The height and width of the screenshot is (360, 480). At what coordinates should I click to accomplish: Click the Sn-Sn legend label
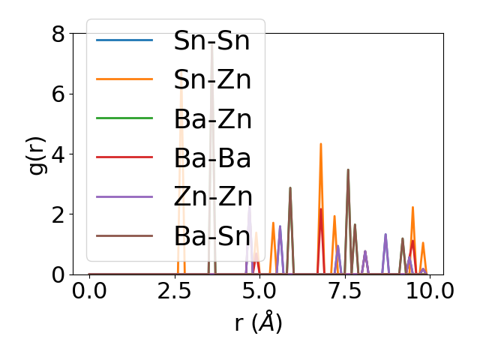(x=211, y=40)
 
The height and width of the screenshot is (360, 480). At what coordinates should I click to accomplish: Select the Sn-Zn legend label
(x=211, y=79)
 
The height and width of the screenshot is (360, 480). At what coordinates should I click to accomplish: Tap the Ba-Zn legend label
(x=211, y=118)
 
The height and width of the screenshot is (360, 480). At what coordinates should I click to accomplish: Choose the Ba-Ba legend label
(x=211, y=157)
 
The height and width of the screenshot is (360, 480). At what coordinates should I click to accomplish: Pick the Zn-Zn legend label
(x=211, y=196)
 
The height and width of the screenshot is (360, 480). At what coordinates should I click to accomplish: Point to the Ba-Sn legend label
(x=211, y=235)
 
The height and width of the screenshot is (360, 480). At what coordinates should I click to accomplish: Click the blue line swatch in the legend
(x=124, y=40)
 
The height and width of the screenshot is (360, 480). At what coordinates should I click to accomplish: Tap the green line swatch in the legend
(x=124, y=118)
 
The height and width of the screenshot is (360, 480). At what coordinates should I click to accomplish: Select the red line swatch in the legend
(x=124, y=157)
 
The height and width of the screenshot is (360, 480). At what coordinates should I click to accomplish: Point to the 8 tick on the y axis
(x=58, y=34)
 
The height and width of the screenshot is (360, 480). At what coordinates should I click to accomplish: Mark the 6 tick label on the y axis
(x=58, y=94)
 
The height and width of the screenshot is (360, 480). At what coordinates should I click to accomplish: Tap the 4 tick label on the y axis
(x=58, y=154)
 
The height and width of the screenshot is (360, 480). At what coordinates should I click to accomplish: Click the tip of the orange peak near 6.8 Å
(x=321, y=144)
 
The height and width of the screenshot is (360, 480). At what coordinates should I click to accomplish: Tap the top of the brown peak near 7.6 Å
(x=348, y=169)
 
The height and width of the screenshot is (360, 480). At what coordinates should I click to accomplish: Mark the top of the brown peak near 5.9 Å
(x=290, y=187)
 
